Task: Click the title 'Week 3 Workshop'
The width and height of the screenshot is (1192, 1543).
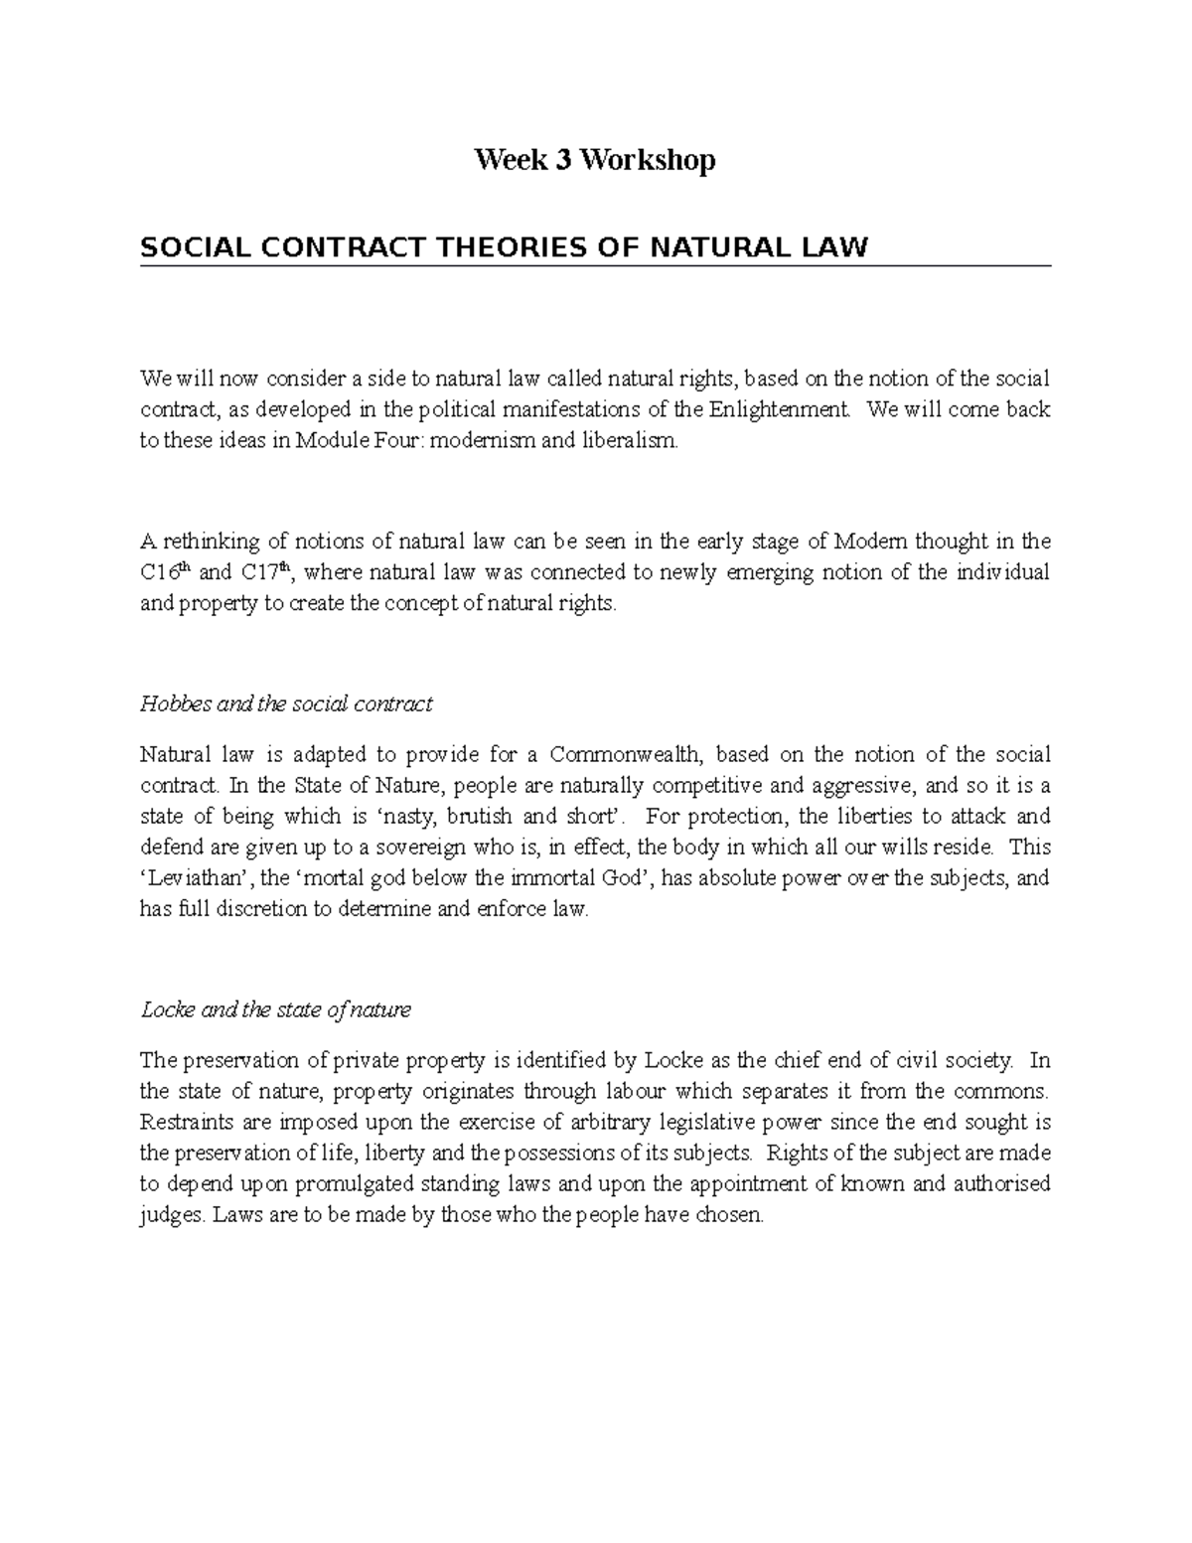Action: pyautogui.click(x=594, y=160)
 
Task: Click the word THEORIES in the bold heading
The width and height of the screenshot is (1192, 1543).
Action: pyautogui.click(x=504, y=246)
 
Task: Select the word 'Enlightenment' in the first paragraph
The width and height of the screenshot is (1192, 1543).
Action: pyautogui.click(x=781, y=409)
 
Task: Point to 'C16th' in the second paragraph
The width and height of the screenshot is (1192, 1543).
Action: pyautogui.click(x=166, y=572)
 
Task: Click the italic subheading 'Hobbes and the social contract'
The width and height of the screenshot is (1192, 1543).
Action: pyautogui.click(x=286, y=704)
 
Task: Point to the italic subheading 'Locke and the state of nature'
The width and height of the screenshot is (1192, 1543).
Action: pyautogui.click(x=275, y=1010)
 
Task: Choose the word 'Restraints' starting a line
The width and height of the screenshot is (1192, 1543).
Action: pyautogui.click(x=185, y=1123)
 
